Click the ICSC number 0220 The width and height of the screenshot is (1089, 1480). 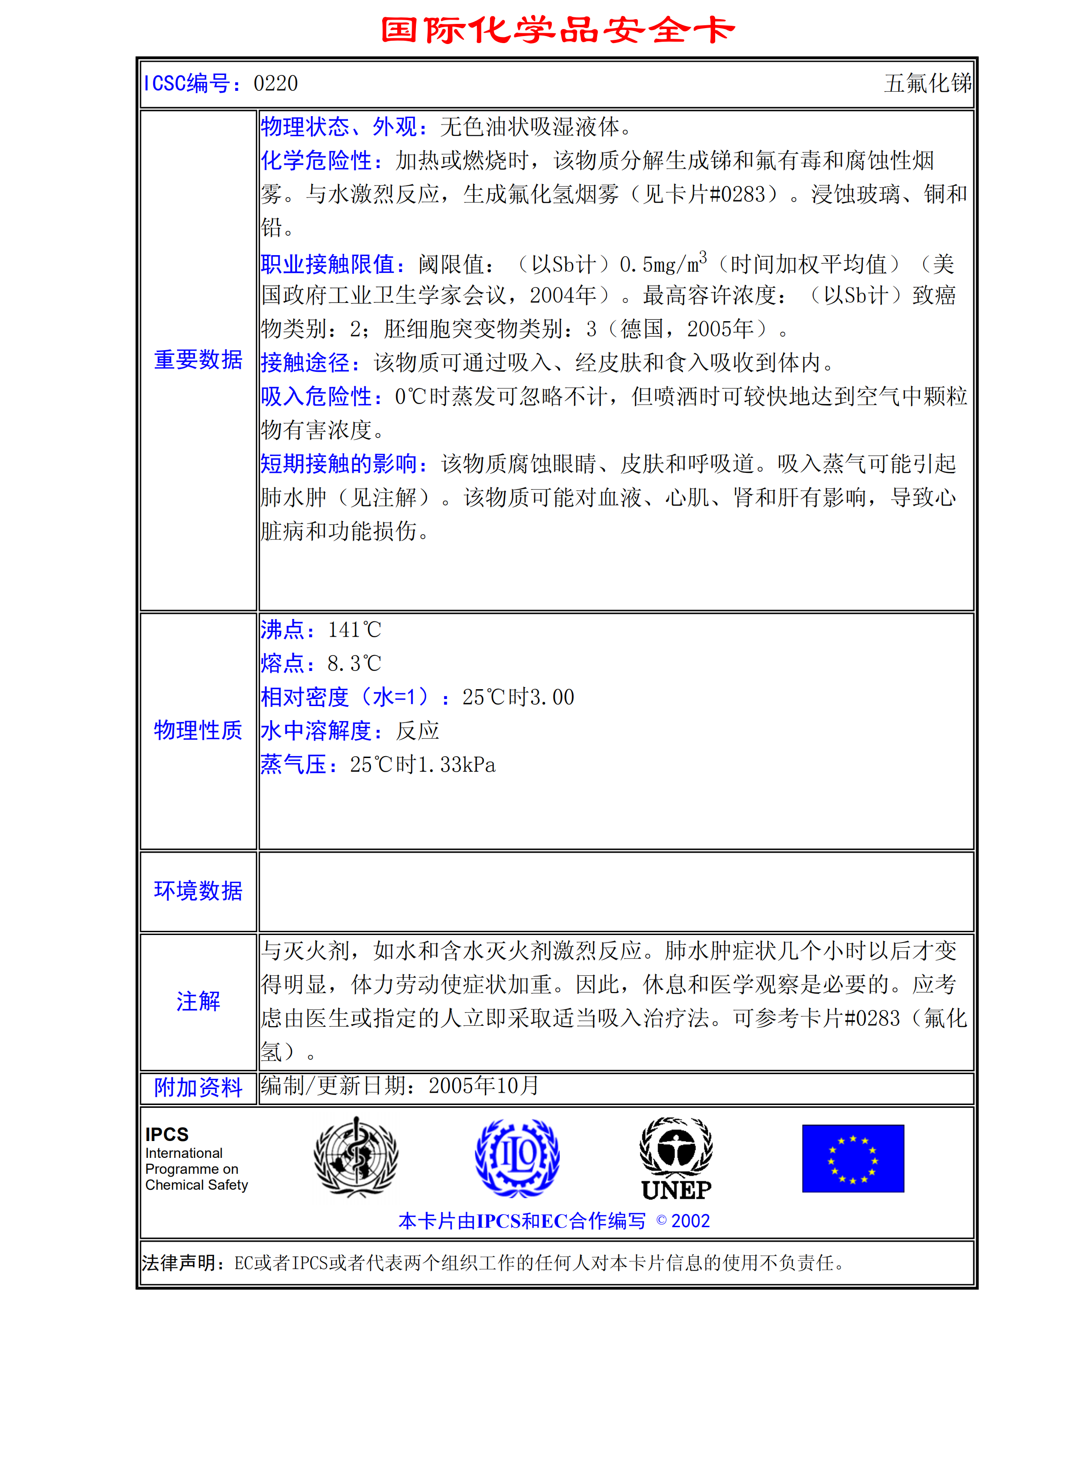click(275, 84)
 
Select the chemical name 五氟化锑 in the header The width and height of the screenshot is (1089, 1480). click(927, 84)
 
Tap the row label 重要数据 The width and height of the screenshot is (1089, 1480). click(198, 360)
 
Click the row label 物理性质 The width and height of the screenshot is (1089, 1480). click(198, 730)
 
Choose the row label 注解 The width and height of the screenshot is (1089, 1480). click(198, 1001)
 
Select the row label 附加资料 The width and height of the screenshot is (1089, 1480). click(198, 1087)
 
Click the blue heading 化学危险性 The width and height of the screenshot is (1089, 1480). click(317, 160)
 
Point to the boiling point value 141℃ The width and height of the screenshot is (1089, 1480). click(355, 630)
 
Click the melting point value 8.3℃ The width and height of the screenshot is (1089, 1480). click(355, 663)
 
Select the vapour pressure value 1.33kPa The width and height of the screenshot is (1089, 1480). click(456, 765)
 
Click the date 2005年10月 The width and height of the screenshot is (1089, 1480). click(484, 1086)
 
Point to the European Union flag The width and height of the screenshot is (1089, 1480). click(853, 1158)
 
